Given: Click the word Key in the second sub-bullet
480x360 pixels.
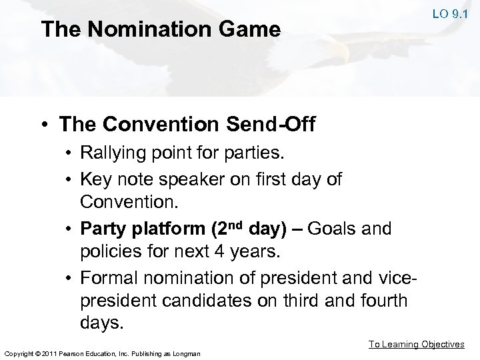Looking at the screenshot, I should pos(94,178).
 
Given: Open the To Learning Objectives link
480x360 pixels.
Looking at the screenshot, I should pos(417,344).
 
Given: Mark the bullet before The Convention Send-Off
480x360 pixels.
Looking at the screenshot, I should pos(45,125).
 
